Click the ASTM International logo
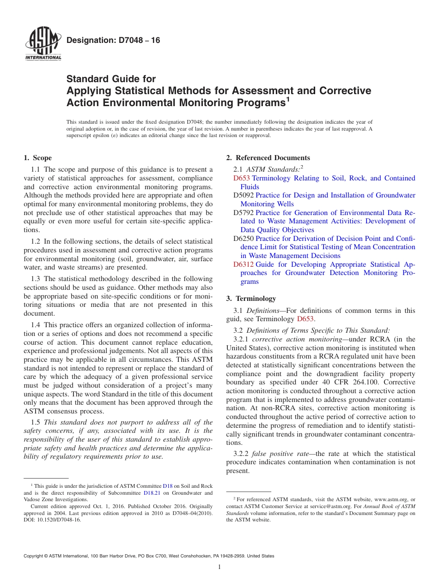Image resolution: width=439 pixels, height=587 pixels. [43, 45]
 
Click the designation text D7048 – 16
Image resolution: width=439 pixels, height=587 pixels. [113, 41]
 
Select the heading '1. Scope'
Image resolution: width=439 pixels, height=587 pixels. [37, 158]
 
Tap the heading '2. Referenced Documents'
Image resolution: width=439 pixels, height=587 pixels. [268, 158]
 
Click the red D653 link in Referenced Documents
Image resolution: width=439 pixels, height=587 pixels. [241, 178]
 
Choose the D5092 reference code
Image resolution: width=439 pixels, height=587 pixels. [243, 195]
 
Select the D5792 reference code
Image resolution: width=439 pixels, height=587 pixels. [243, 213]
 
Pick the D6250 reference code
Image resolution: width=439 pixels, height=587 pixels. [243, 239]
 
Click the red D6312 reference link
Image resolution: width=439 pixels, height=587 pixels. [243, 264]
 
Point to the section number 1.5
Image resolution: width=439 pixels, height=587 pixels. [36, 422]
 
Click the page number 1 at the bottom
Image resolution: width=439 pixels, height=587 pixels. [219, 567]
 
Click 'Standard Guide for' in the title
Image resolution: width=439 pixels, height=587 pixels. [111, 79]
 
